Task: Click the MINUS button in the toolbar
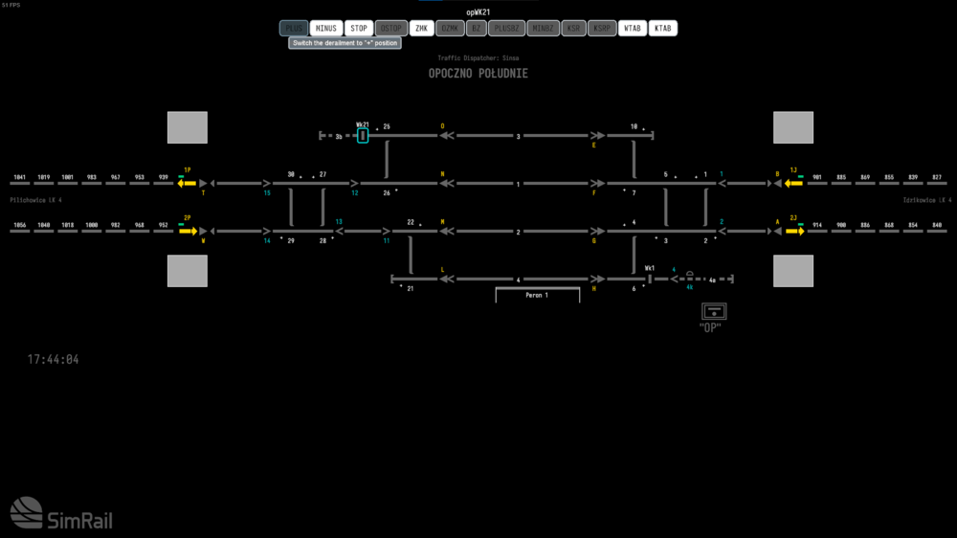point(326,29)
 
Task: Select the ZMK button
point(421,29)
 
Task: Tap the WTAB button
point(632,29)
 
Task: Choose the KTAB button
point(662,29)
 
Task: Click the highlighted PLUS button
point(294,29)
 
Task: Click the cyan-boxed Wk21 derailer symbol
point(363,136)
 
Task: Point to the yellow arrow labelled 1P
point(187,183)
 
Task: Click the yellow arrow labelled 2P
point(187,231)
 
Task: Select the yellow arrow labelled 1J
point(793,183)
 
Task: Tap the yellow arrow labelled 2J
point(794,231)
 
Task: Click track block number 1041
point(19,178)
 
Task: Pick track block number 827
point(936,178)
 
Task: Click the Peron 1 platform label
point(537,295)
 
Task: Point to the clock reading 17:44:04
point(53,359)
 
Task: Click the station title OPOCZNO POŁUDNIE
point(478,74)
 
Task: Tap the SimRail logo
point(60,514)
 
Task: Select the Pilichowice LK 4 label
point(35,200)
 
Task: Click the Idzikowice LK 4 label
point(926,200)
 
